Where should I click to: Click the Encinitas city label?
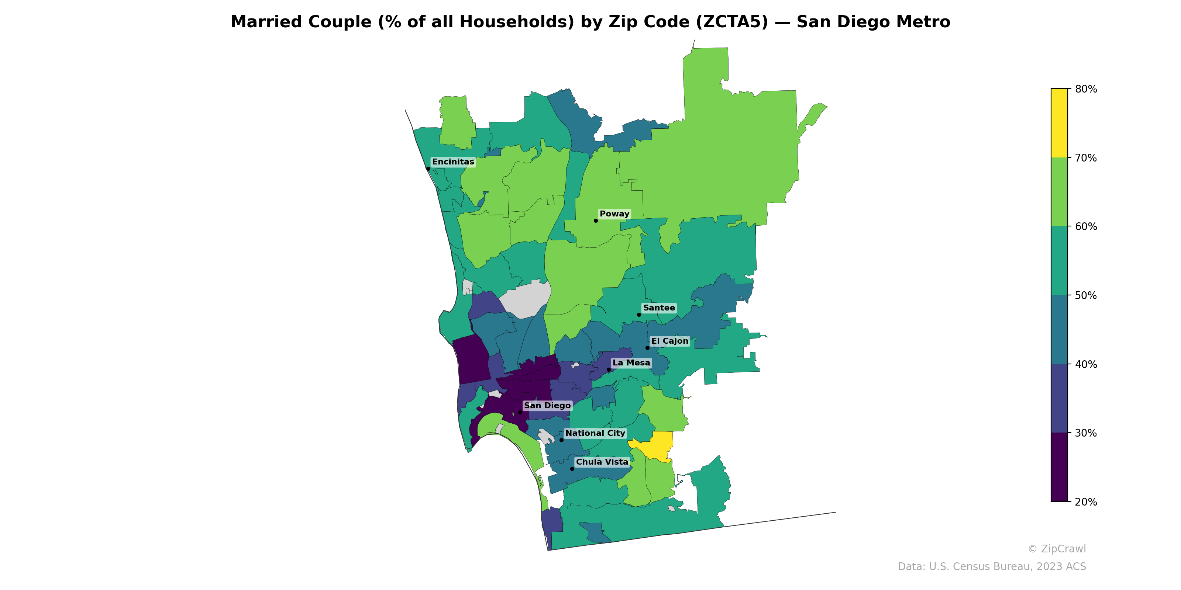click(453, 162)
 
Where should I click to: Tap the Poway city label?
click(614, 214)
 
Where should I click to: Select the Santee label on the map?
click(659, 308)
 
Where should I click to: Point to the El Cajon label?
click(670, 341)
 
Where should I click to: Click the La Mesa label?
click(631, 363)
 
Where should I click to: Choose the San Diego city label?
click(547, 406)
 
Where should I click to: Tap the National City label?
click(595, 433)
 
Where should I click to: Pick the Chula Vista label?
click(602, 462)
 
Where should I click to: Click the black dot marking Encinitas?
click(428, 169)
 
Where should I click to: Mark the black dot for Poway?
click(596, 221)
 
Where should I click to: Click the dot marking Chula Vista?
click(572, 469)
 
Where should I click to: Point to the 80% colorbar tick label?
click(1086, 89)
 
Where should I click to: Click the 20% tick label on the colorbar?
click(1086, 502)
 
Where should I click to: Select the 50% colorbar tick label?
click(1086, 295)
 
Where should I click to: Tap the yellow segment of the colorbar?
click(1059, 123)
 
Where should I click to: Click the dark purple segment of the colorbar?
click(1059, 467)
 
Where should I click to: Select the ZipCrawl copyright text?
click(1057, 549)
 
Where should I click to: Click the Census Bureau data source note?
click(992, 567)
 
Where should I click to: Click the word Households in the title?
click(517, 22)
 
